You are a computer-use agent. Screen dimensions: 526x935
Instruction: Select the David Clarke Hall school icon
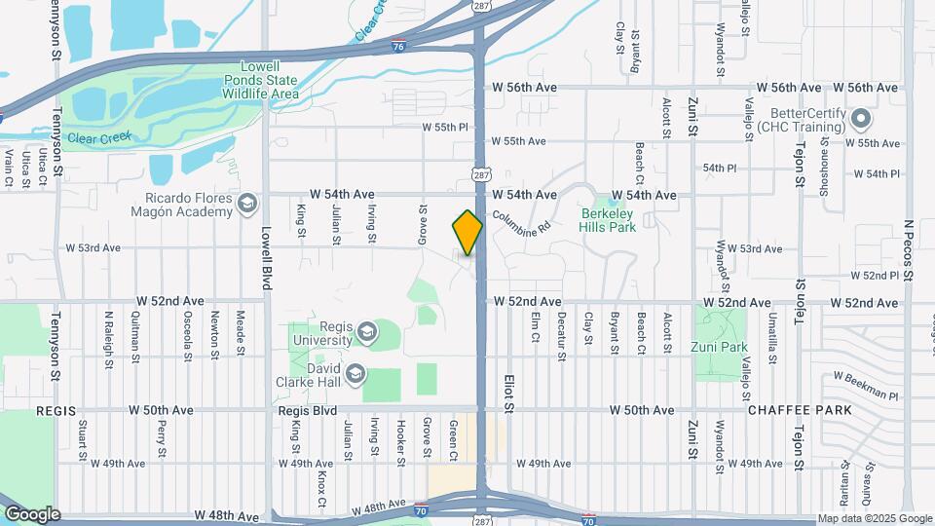point(356,373)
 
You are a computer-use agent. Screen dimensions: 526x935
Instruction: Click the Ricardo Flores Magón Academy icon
point(247,203)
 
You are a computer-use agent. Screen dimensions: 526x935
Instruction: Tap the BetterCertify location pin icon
point(859,120)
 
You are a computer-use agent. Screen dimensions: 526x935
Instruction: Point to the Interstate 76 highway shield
point(398,45)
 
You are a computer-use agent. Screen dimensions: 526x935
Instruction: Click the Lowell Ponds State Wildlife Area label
point(260,80)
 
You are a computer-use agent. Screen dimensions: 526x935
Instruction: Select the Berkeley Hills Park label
point(608,220)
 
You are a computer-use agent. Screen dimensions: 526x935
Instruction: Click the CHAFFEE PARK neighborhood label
point(800,410)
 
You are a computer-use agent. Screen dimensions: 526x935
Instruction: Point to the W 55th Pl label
point(445,128)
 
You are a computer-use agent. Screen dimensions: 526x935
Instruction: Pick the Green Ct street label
point(453,441)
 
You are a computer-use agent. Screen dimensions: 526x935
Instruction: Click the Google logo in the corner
point(32,514)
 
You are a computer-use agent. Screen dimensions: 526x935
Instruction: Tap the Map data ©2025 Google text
point(875,518)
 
